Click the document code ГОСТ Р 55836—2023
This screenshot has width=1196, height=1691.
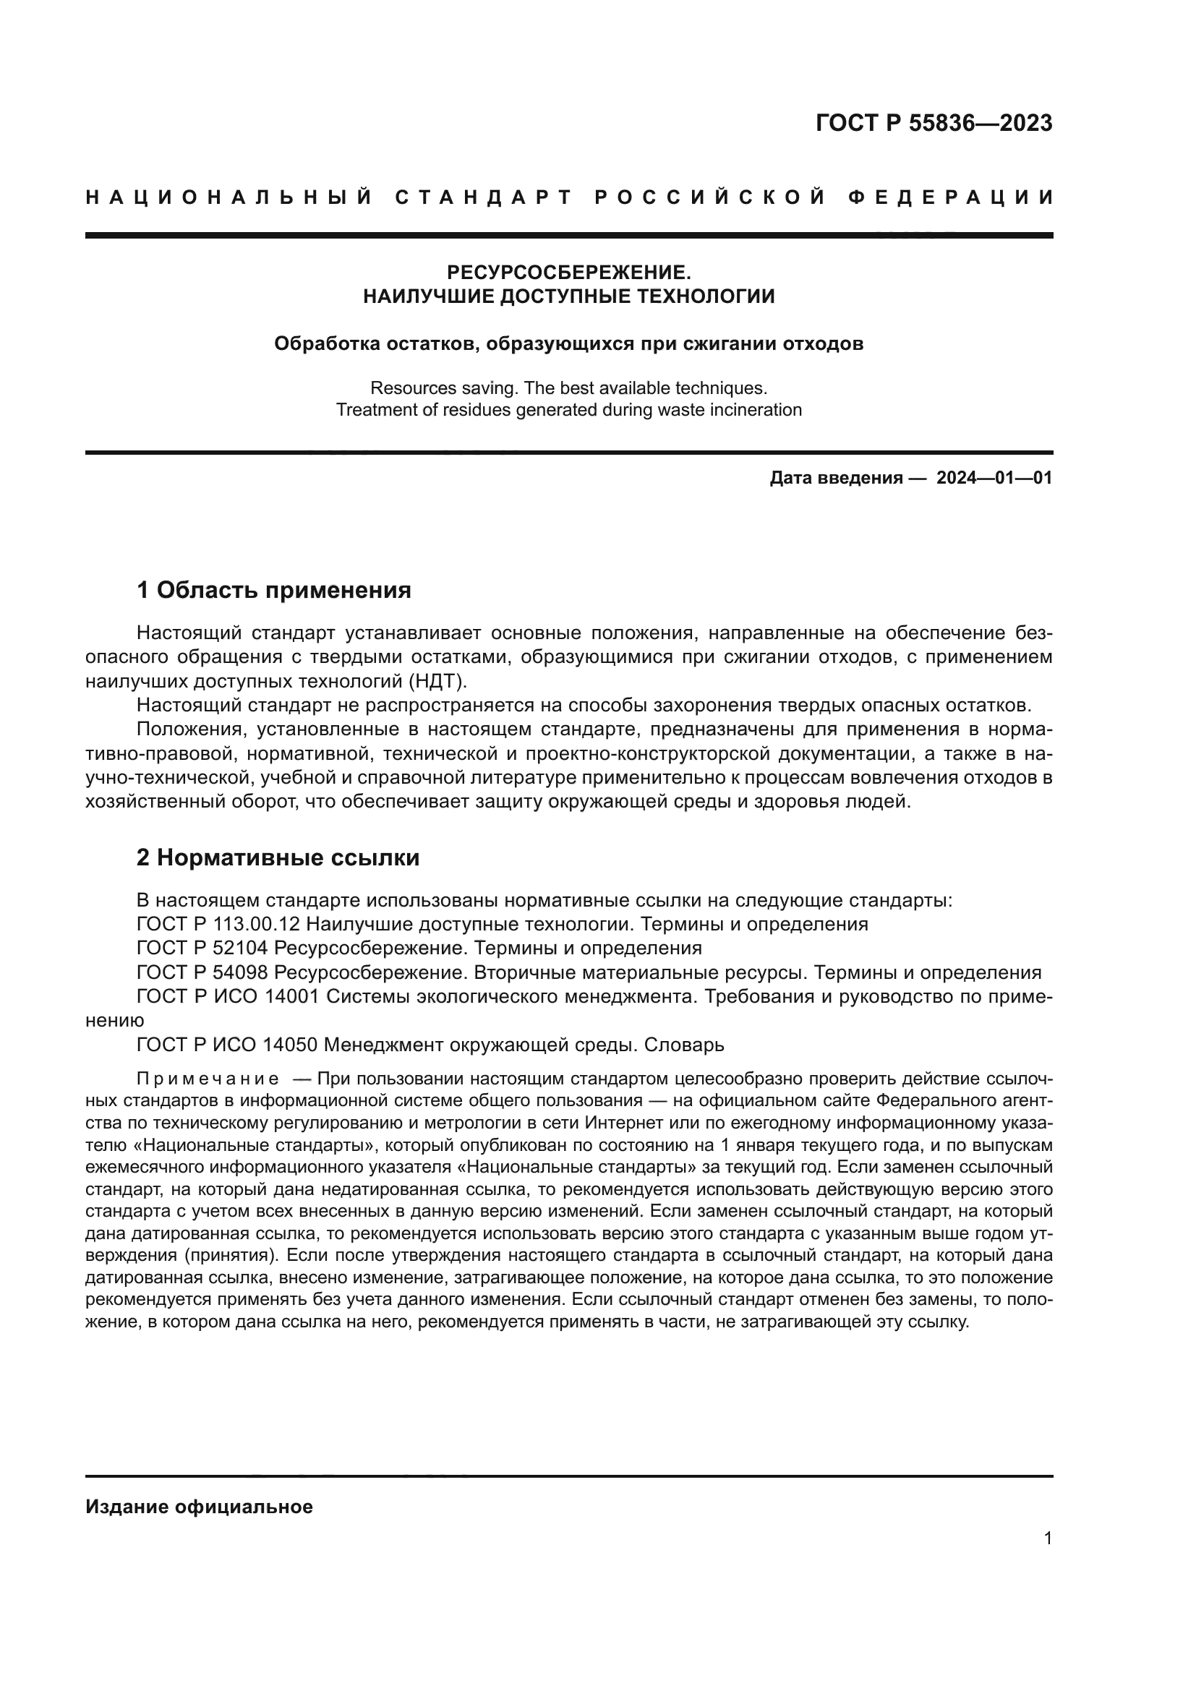[933, 123]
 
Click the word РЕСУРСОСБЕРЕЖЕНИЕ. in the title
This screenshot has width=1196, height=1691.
[568, 273]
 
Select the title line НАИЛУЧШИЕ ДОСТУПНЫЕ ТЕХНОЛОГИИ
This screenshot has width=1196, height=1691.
[568, 297]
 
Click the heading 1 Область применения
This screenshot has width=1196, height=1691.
[273, 590]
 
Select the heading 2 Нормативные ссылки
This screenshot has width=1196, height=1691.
[278, 857]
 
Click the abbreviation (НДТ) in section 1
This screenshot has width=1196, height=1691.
[435, 680]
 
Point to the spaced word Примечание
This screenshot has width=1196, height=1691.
[208, 1079]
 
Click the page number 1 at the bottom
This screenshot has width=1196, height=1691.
[1047, 1538]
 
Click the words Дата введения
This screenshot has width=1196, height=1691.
[836, 478]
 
